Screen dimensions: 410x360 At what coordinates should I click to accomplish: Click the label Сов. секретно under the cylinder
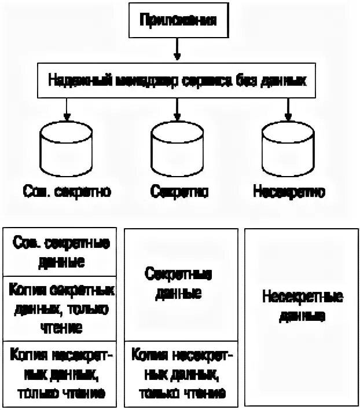[x=68, y=191]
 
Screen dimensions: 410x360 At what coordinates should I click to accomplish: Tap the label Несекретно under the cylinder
[x=289, y=191]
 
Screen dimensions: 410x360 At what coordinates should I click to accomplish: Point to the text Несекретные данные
[x=302, y=307]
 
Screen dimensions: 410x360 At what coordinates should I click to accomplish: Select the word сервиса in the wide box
[x=203, y=81]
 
